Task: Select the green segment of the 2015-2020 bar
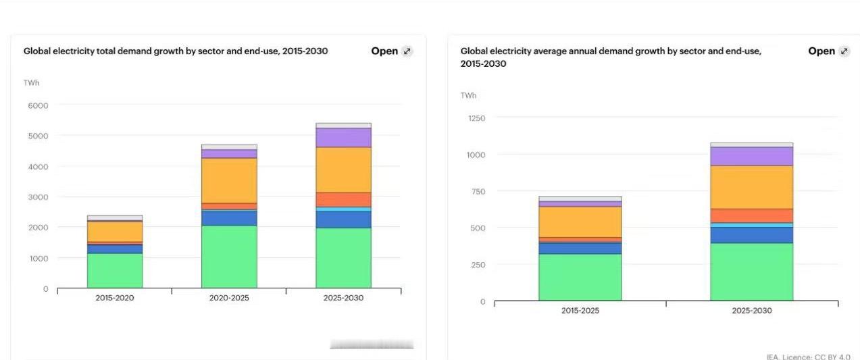115,270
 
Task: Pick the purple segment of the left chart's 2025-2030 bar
343,138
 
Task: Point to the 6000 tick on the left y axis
37,105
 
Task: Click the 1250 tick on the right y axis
476,118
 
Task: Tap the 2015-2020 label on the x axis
115,298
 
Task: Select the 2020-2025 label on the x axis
229,298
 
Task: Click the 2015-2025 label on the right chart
580,311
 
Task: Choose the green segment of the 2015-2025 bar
580,277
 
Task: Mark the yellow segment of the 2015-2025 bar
580,222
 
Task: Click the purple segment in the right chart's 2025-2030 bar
751,156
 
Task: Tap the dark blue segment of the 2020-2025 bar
229,218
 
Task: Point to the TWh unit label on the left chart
32,82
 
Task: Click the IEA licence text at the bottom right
808,357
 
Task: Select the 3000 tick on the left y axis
37,197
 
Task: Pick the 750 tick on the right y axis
478,192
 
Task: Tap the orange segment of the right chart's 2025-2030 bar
751,215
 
